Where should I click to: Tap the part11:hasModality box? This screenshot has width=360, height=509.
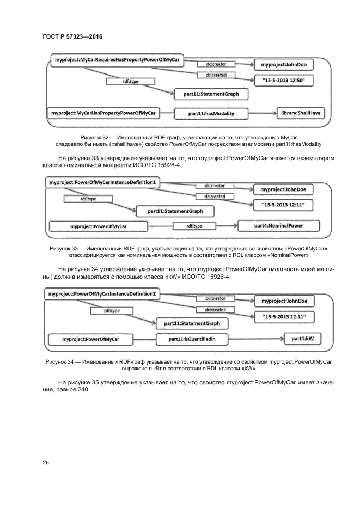click(x=211, y=113)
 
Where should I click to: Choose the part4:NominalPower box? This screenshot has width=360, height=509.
click(x=279, y=224)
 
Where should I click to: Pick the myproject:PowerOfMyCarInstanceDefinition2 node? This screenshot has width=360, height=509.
click(x=102, y=294)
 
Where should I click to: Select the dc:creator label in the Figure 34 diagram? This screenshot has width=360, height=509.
click(x=216, y=299)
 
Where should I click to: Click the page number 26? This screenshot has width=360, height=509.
click(x=46, y=462)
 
